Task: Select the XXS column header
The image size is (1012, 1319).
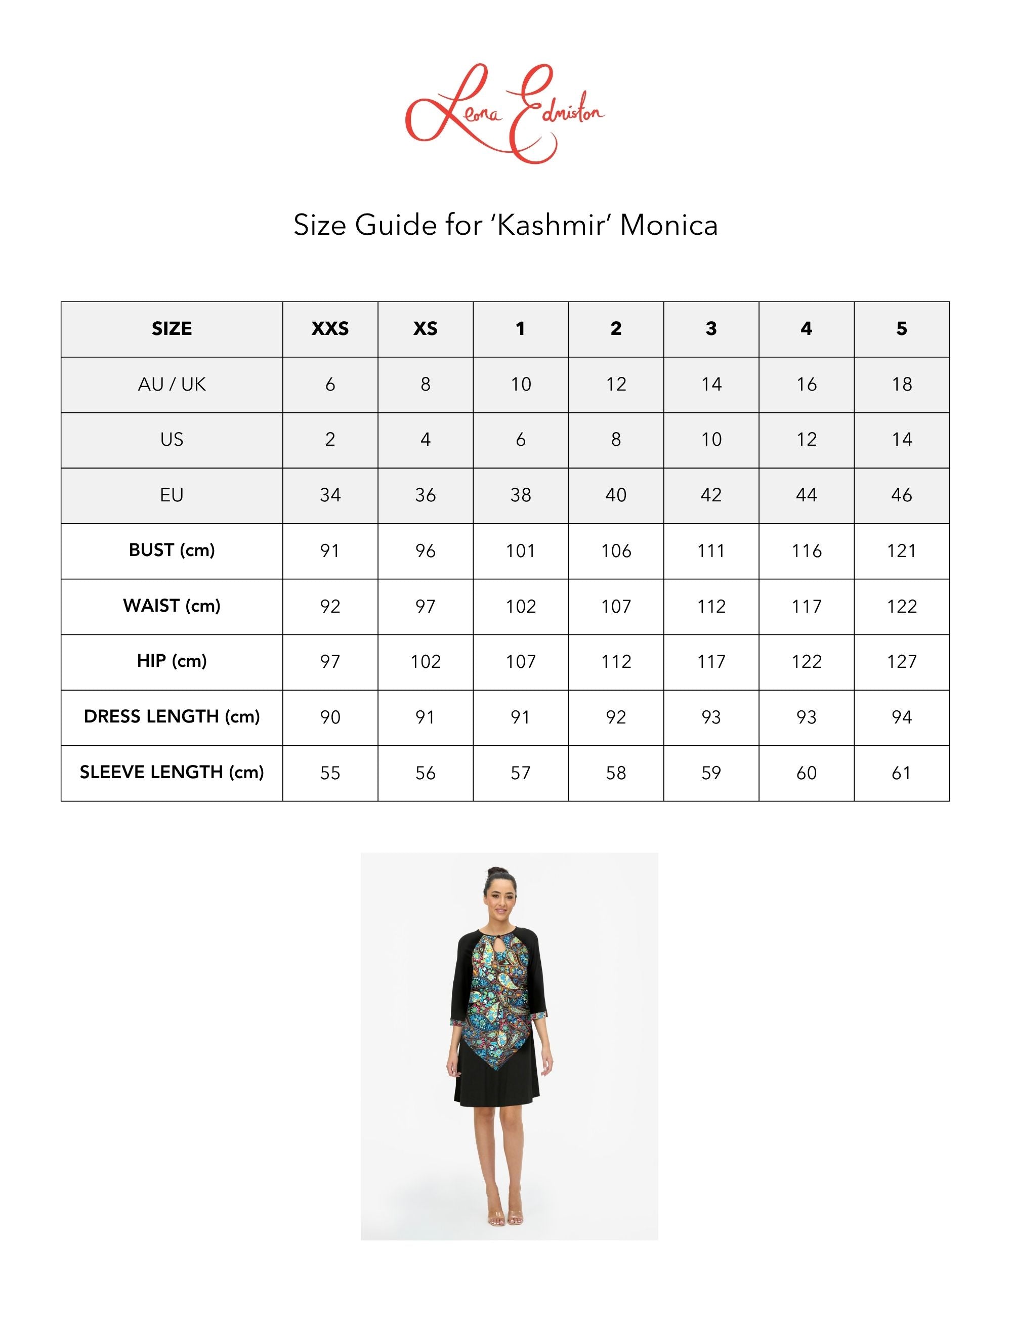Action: [x=330, y=329]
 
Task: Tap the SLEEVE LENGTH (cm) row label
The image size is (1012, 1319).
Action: [x=172, y=772]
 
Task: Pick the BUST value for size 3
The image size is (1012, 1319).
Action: [x=711, y=550]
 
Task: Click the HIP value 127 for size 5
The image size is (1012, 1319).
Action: [x=901, y=661]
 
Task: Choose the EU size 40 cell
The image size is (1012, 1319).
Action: [x=616, y=495]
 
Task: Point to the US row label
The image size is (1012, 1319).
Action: [x=172, y=440]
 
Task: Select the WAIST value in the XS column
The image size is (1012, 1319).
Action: [x=425, y=606]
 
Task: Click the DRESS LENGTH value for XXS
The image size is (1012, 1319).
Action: [x=330, y=717]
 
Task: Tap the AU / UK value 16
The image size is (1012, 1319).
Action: [x=806, y=384]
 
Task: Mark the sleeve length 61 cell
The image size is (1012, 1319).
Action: [x=901, y=773]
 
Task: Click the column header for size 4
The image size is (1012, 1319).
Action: [x=806, y=329]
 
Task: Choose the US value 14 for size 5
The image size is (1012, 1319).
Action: [x=901, y=440]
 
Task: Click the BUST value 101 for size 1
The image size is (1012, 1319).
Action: [x=521, y=550]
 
